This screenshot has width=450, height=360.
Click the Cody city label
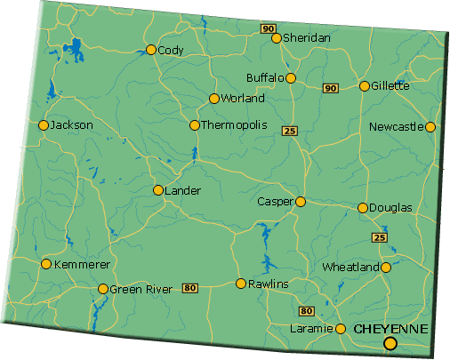pos(171,51)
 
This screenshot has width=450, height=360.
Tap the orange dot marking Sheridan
pos(277,38)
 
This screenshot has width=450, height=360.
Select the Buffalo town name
pos(265,78)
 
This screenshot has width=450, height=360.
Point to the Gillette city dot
pos(365,86)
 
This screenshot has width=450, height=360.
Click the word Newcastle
pos(397,127)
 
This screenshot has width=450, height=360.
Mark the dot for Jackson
pos(43,125)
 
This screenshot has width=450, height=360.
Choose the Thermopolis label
pos(235,125)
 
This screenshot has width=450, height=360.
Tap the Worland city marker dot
pos(214,99)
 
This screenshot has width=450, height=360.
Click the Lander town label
pos(183,190)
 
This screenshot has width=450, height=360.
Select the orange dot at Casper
pos(301,202)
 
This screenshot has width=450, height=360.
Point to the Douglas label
pos(392,208)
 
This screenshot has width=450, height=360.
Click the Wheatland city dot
pos(387,267)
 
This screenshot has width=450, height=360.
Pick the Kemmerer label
pos(82,264)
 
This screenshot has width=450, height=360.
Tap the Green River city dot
pos(103,289)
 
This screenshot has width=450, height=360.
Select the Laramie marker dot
pos(341,329)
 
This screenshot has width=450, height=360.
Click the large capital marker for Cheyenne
pos(390,344)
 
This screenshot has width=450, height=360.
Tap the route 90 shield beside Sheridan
pos(269,28)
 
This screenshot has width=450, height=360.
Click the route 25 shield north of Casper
pos(289,132)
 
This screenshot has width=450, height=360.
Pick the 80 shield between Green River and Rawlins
pos(189,288)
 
